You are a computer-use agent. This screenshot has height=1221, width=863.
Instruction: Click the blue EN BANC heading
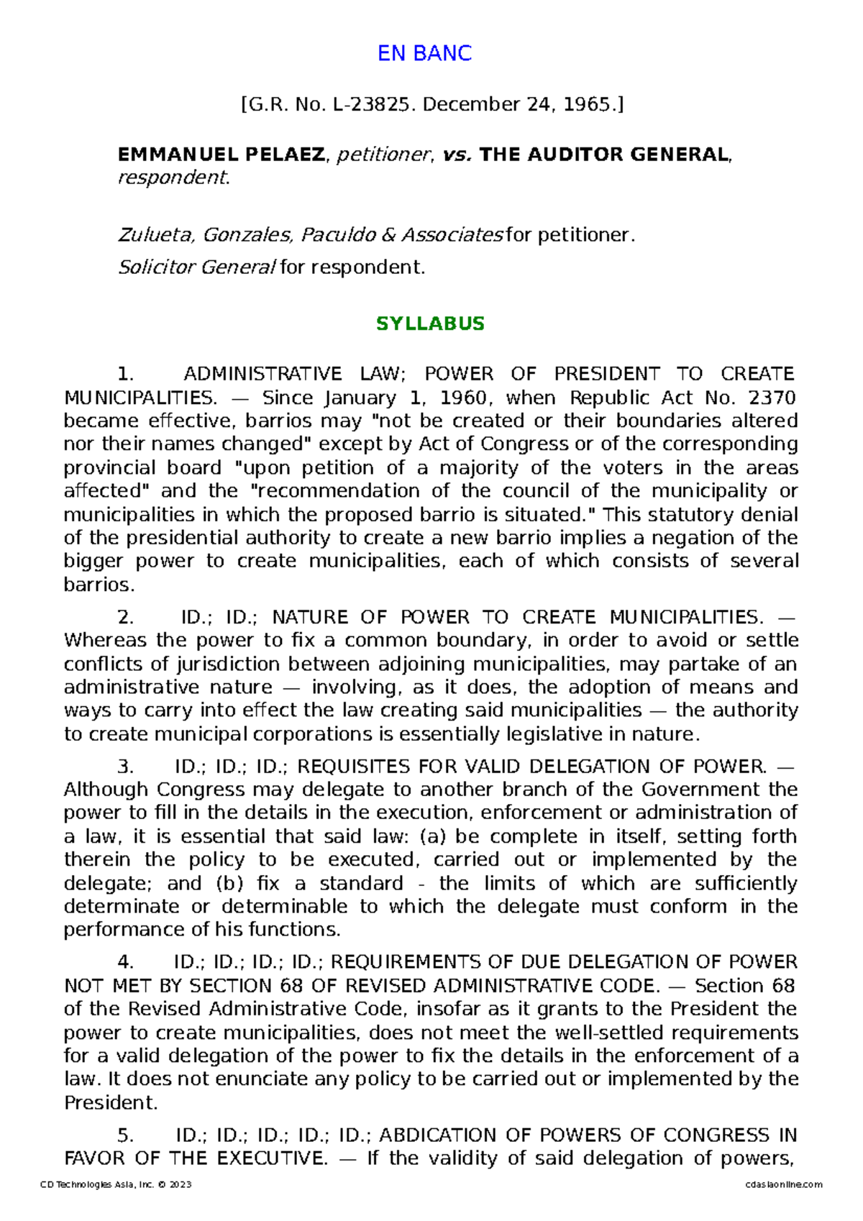click(424, 53)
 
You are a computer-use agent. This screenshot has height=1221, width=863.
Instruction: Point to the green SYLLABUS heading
click(430, 324)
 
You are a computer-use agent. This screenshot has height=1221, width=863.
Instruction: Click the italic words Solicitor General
click(196, 267)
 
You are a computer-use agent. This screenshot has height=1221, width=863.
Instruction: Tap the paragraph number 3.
click(125, 767)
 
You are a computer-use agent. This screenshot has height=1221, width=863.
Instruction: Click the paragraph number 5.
click(125, 1135)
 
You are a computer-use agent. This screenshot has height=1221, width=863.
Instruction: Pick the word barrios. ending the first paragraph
click(99, 585)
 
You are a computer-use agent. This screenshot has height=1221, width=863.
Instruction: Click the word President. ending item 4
click(110, 1102)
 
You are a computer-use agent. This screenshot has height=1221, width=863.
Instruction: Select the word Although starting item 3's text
click(107, 790)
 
